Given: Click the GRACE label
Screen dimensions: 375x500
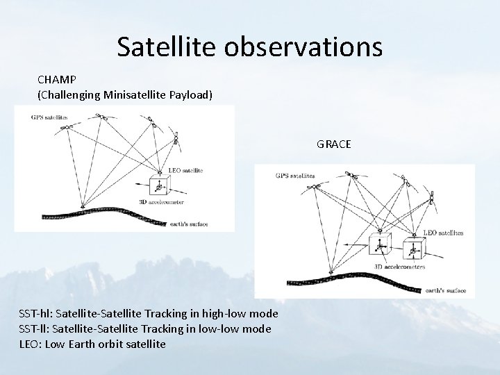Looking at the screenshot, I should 334,144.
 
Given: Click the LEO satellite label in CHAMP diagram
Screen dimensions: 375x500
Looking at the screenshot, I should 185,170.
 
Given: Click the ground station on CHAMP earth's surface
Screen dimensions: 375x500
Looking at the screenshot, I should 83,205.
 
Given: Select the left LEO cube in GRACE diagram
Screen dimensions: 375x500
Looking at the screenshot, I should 379,244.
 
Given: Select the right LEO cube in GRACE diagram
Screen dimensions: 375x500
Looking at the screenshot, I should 414,248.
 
